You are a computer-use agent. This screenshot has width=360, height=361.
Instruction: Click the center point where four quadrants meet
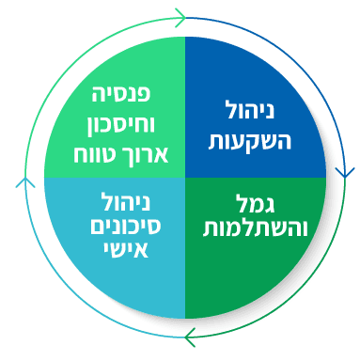(185, 177)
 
